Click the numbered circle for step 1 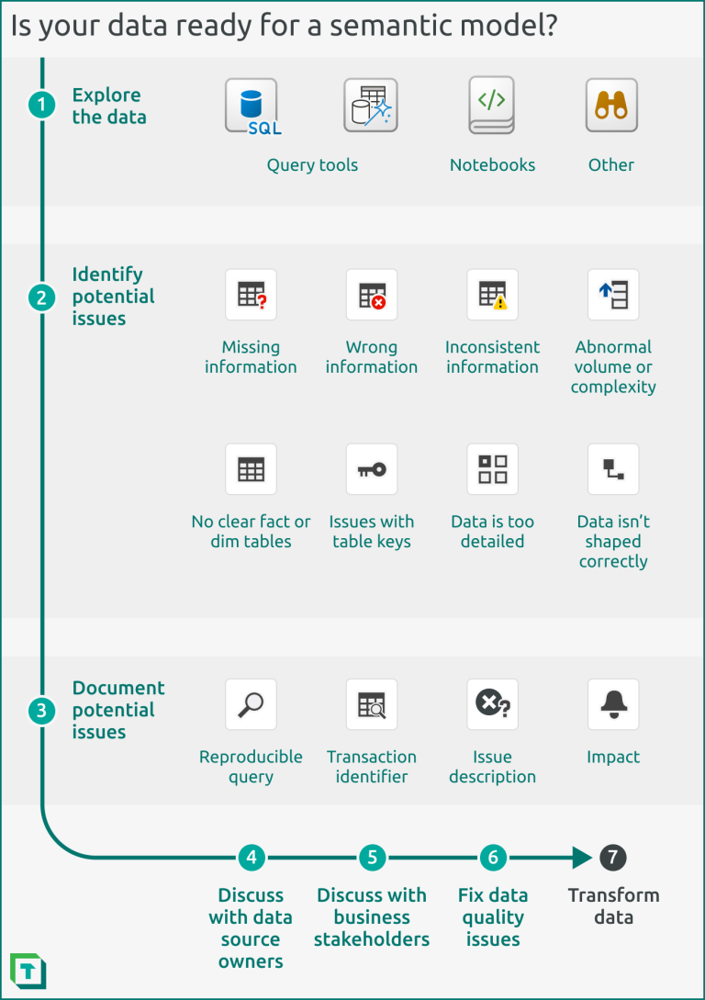(x=41, y=106)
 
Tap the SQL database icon (x=252, y=106)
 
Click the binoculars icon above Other (x=611, y=106)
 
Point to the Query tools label (x=312, y=165)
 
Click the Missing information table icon (x=251, y=295)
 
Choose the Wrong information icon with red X (x=372, y=295)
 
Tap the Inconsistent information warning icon (x=492, y=295)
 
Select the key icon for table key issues (x=372, y=469)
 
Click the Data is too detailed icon (x=492, y=469)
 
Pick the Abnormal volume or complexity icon (x=613, y=295)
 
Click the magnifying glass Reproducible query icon (x=251, y=704)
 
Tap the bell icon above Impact (x=613, y=704)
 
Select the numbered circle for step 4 (x=251, y=858)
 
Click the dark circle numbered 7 (x=613, y=858)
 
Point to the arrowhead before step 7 (x=581, y=858)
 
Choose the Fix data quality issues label (x=493, y=916)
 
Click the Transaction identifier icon (x=372, y=704)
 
